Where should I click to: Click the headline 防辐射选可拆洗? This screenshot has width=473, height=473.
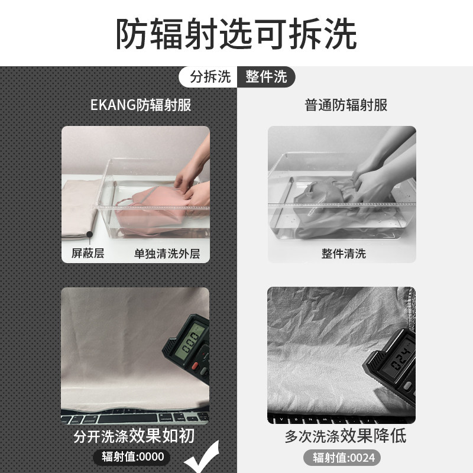coord(236,34)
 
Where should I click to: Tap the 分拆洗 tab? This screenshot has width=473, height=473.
coord(210,77)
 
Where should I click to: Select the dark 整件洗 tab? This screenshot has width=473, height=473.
coord(265,77)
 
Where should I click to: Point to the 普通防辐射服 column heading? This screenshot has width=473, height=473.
coord(346,106)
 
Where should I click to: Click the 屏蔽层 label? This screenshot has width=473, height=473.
coord(83,254)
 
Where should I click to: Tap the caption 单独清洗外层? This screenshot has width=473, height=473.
coord(167,254)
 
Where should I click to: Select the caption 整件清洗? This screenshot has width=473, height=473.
coord(344,254)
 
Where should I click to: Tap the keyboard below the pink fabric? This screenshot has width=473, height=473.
coord(118,418)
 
